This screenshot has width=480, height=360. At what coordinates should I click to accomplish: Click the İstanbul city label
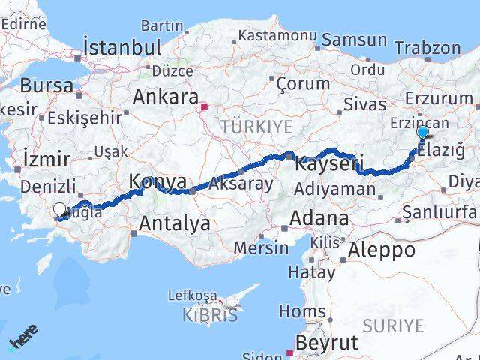pyautogui.click(x=123, y=46)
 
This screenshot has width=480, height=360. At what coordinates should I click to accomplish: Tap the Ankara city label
pyautogui.click(x=166, y=97)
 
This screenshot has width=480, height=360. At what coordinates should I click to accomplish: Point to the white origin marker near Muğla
pyautogui.click(x=59, y=211)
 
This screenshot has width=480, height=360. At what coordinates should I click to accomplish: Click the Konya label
pyautogui.click(x=157, y=181)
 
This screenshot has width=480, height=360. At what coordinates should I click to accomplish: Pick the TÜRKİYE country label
pyautogui.click(x=256, y=127)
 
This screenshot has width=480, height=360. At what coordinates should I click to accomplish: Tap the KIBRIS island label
pyautogui.click(x=210, y=315)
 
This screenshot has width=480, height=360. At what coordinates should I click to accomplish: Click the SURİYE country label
pyautogui.click(x=393, y=325)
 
